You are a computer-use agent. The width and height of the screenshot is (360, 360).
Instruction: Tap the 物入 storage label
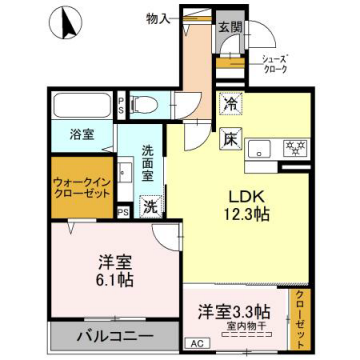pos(157,17)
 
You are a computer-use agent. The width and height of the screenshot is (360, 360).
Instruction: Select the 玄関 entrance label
pos(230,28)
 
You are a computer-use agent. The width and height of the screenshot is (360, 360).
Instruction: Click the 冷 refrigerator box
pos(229,102)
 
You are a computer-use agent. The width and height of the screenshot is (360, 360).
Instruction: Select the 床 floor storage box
pos(229,138)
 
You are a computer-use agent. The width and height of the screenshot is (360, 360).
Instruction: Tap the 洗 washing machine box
pos(149,206)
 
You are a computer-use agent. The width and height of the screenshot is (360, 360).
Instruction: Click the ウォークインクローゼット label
pos(82,188)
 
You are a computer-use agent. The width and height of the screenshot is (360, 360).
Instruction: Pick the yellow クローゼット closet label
pos(299,316)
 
